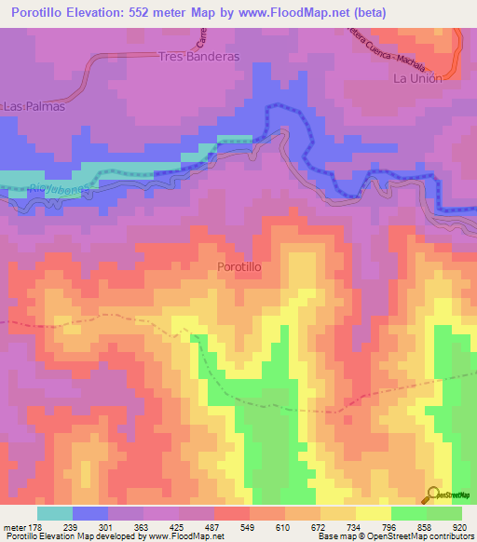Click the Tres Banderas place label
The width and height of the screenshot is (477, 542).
[x=198, y=56]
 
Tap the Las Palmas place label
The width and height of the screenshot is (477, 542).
[x=34, y=106]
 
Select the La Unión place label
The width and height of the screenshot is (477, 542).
[x=417, y=78]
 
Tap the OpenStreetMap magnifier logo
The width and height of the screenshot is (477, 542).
[x=433, y=495]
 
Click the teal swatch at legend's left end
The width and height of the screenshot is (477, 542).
[x=55, y=513]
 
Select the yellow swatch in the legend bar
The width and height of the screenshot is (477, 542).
[x=373, y=513]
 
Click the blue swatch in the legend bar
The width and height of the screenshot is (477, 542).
[x=90, y=513]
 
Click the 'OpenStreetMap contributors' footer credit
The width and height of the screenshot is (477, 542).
[x=422, y=535]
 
